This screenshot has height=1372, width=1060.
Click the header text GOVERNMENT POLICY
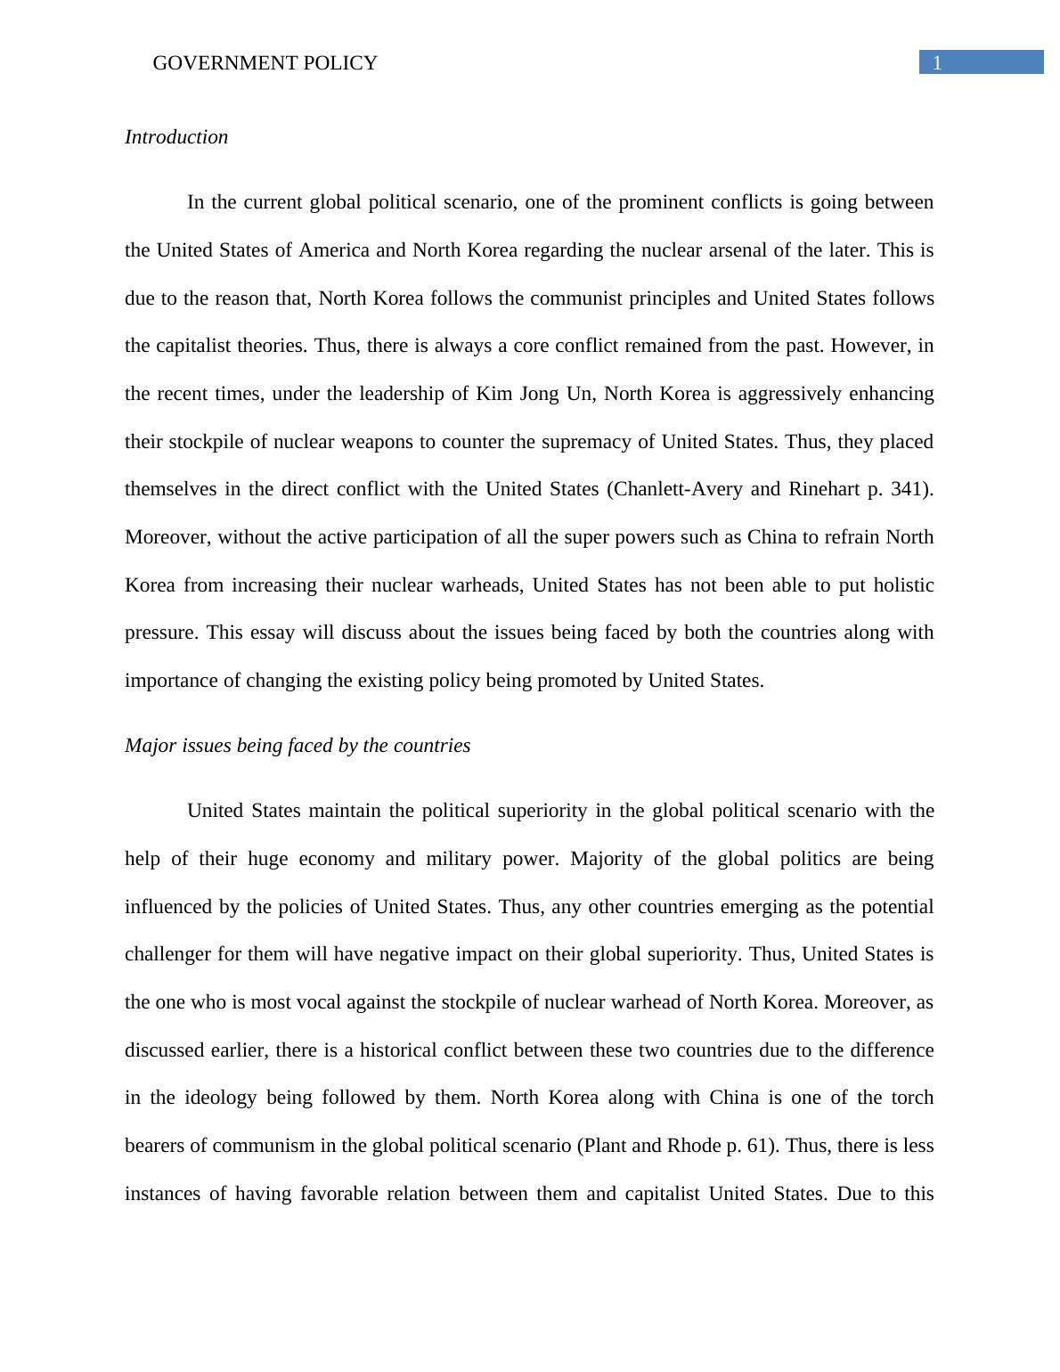point(265,63)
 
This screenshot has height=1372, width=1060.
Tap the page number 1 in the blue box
point(937,62)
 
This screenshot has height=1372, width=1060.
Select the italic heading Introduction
point(176,137)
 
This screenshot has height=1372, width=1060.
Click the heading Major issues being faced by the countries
point(298,746)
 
